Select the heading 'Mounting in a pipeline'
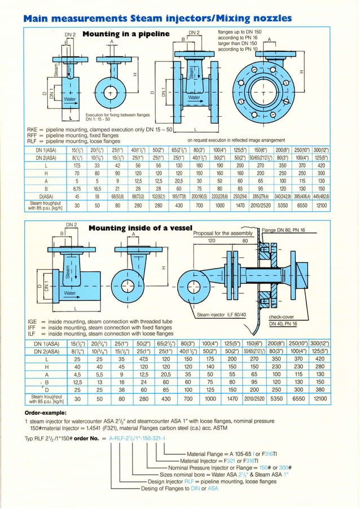[x=126, y=34]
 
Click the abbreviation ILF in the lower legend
[x=32, y=334]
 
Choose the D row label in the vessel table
[x=47, y=389]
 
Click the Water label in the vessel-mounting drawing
[x=70, y=293]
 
